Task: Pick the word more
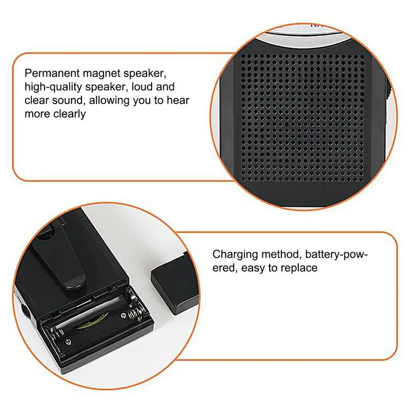(x=36, y=114)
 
